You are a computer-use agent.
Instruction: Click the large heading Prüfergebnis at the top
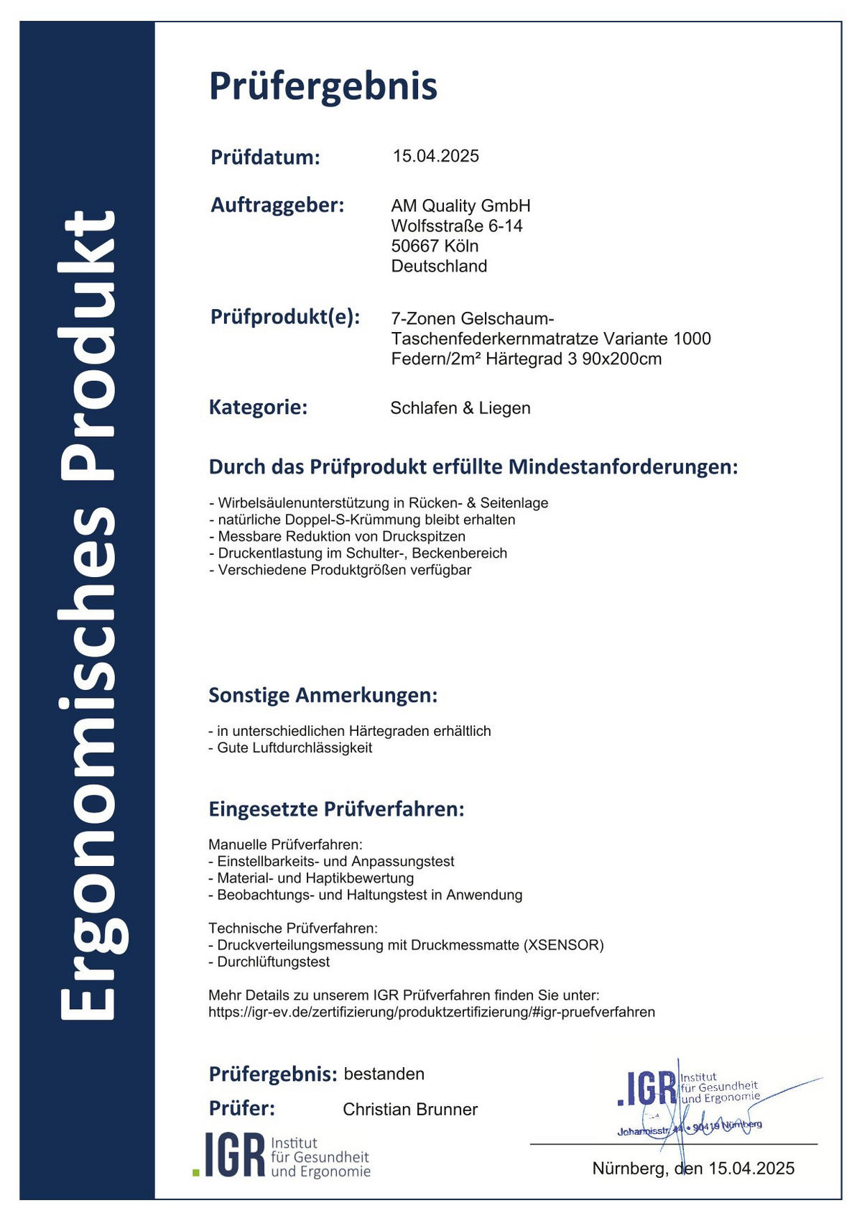coord(323,86)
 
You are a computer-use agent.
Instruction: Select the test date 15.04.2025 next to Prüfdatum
coord(435,156)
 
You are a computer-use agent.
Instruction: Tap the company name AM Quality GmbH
coord(460,206)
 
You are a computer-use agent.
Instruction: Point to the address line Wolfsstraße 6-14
coord(456,226)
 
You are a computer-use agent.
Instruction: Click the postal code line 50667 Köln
coord(435,246)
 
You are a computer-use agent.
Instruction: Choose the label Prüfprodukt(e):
coord(284,317)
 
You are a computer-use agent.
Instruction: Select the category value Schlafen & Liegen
coord(460,408)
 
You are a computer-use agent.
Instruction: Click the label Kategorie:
coord(258,407)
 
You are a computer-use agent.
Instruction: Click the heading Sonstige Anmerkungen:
coord(323,695)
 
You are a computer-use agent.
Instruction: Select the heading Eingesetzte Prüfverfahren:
coord(336,809)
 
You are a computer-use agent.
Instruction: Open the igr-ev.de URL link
coord(431,1012)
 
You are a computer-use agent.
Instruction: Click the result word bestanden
coord(384,1074)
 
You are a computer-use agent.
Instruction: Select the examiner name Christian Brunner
coord(409,1109)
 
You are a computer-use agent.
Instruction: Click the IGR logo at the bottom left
coord(282,1155)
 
